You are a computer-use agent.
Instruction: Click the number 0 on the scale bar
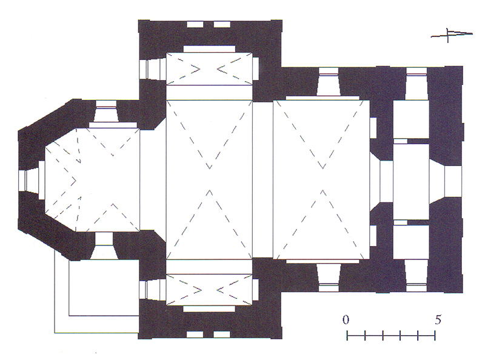pos(346,319)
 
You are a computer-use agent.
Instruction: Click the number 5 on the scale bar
pos(438,319)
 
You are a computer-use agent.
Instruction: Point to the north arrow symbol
pos(452,35)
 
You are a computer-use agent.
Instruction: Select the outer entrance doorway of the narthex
pos(446,181)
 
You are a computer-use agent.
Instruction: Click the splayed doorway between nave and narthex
pos(381,182)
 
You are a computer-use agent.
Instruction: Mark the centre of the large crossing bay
pos(209,179)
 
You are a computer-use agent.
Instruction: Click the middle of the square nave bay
pos(322,179)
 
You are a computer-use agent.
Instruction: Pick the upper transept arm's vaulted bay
pos(209,68)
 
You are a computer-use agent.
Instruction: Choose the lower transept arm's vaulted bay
pos(209,290)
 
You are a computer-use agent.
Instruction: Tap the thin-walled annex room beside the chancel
pos(104,288)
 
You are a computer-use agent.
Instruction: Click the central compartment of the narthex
pos(411,181)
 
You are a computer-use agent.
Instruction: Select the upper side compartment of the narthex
pos(411,119)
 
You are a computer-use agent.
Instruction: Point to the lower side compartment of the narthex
pos(411,242)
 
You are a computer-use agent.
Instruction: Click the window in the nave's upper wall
pos(328,82)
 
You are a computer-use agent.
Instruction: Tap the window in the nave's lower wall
pos(329,277)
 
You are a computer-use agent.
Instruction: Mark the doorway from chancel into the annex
pos(104,246)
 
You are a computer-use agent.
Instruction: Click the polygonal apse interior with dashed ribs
pos(92,180)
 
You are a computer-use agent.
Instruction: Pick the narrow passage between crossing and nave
pos(263,179)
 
